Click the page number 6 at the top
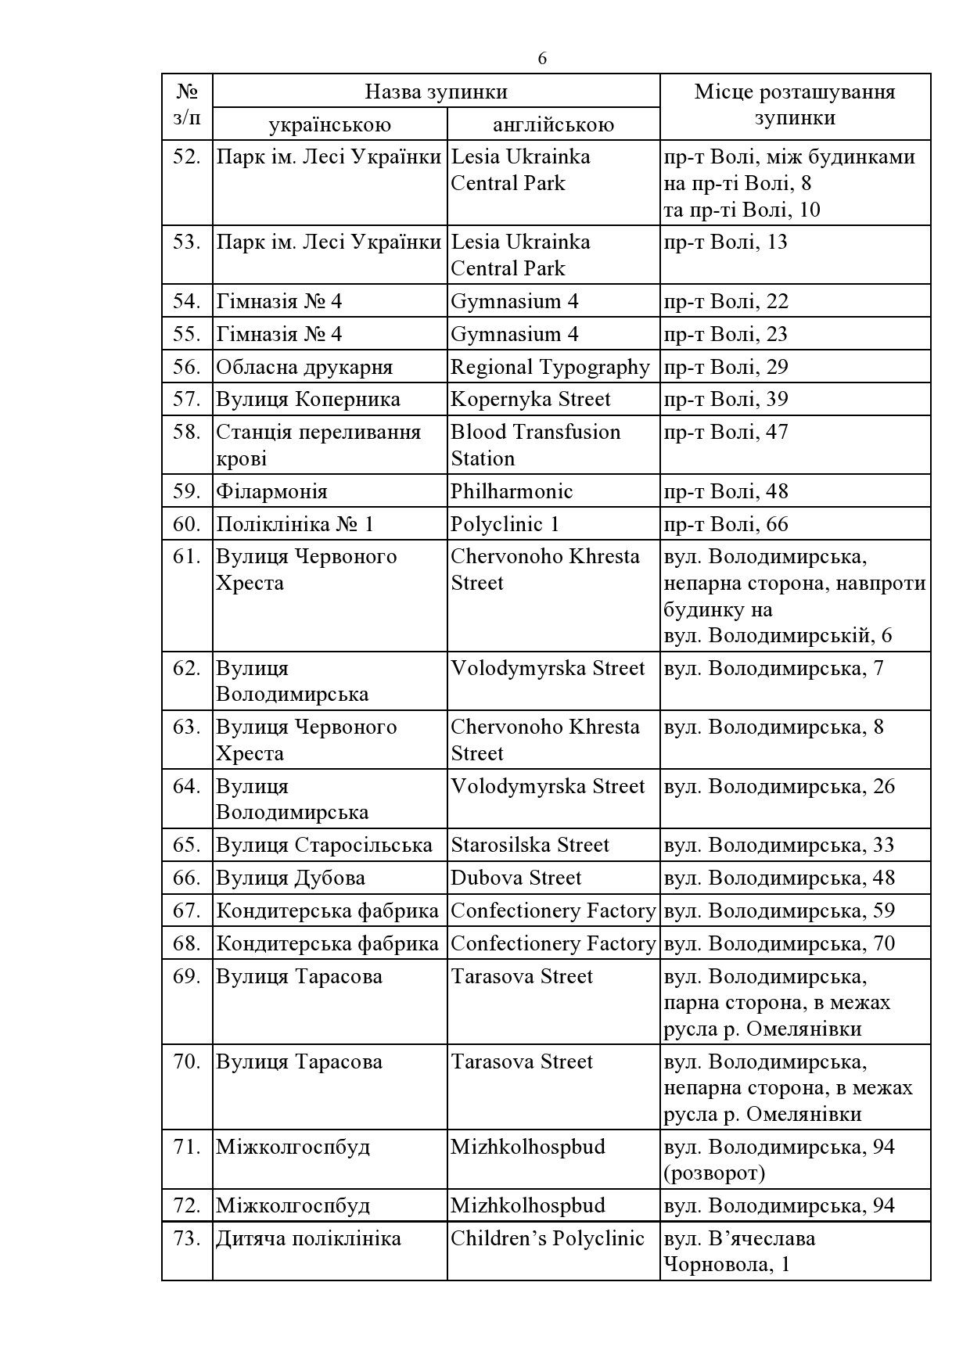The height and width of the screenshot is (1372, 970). click(542, 59)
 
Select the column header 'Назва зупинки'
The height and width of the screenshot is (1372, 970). click(436, 92)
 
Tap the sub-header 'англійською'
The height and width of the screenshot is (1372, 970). click(553, 124)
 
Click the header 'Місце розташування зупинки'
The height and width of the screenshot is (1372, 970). click(795, 105)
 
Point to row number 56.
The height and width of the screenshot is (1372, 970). click(187, 367)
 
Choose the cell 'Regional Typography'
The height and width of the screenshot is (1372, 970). click(550, 367)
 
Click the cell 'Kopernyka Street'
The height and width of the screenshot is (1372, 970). click(530, 399)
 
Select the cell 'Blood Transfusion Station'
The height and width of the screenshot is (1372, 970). click(536, 445)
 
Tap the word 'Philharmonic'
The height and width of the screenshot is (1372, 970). click(512, 491)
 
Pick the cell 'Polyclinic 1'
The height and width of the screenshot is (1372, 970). click(505, 524)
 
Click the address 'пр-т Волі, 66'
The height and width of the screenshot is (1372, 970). click(726, 524)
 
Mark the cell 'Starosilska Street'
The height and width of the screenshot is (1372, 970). click(530, 845)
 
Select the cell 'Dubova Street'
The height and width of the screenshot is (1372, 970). click(516, 878)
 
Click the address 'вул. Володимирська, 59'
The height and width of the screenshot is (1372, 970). click(779, 910)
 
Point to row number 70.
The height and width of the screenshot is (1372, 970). click(187, 1061)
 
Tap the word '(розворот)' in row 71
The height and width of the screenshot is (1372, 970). click(714, 1173)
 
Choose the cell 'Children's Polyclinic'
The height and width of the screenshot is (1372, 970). click(548, 1238)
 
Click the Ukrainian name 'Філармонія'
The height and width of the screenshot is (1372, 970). click(271, 491)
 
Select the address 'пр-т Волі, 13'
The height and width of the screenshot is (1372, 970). click(726, 242)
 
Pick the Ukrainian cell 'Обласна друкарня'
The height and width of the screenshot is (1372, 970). click(304, 367)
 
